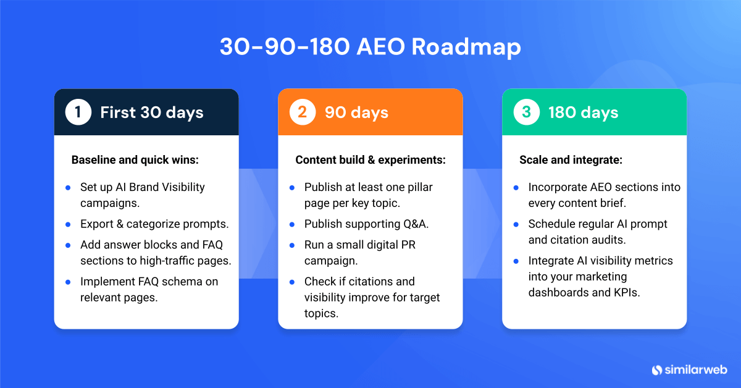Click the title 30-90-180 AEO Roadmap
(x=370, y=48)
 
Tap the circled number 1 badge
(x=78, y=112)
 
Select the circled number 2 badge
(x=303, y=112)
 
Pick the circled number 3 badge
(x=527, y=112)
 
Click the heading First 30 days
(x=152, y=112)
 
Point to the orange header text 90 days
(x=356, y=112)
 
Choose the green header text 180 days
(x=583, y=112)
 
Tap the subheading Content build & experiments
(x=371, y=160)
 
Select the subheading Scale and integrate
(x=571, y=160)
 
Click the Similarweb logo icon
(x=657, y=370)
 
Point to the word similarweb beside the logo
(x=697, y=370)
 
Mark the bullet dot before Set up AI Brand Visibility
(x=68, y=187)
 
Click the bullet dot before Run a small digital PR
(x=292, y=245)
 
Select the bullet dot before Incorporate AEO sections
(x=516, y=187)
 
